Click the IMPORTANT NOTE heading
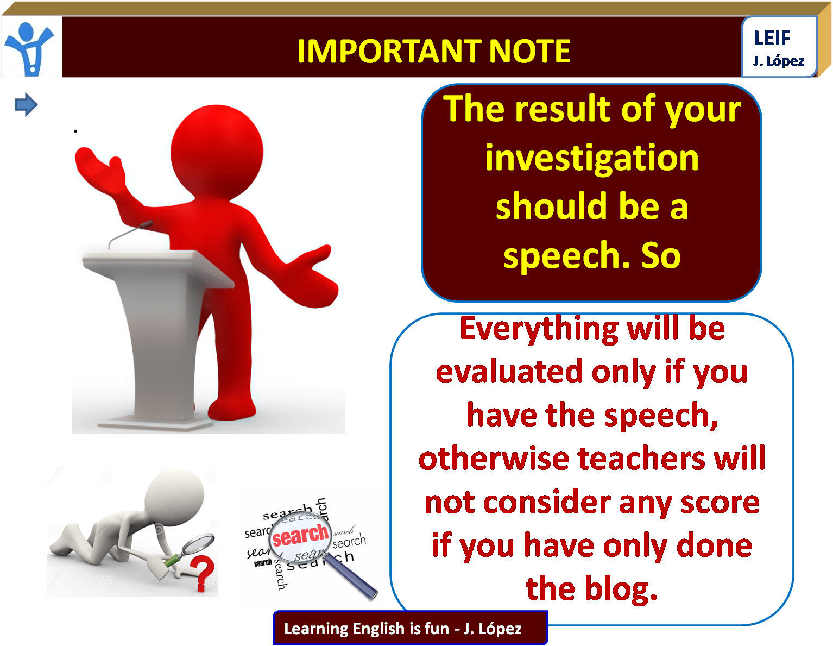coord(433,51)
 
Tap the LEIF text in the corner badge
coord(772,38)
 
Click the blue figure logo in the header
coord(30,48)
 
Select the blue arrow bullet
coord(26,104)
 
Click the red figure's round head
coord(217,152)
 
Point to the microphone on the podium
coord(130,233)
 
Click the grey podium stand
coord(157,337)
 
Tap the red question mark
coord(202,574)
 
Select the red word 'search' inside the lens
coord(300,535)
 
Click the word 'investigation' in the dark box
coord(592,159)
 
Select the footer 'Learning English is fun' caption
coord(366,629)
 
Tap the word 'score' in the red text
coord(720,503)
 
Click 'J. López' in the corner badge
coord(778,61)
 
